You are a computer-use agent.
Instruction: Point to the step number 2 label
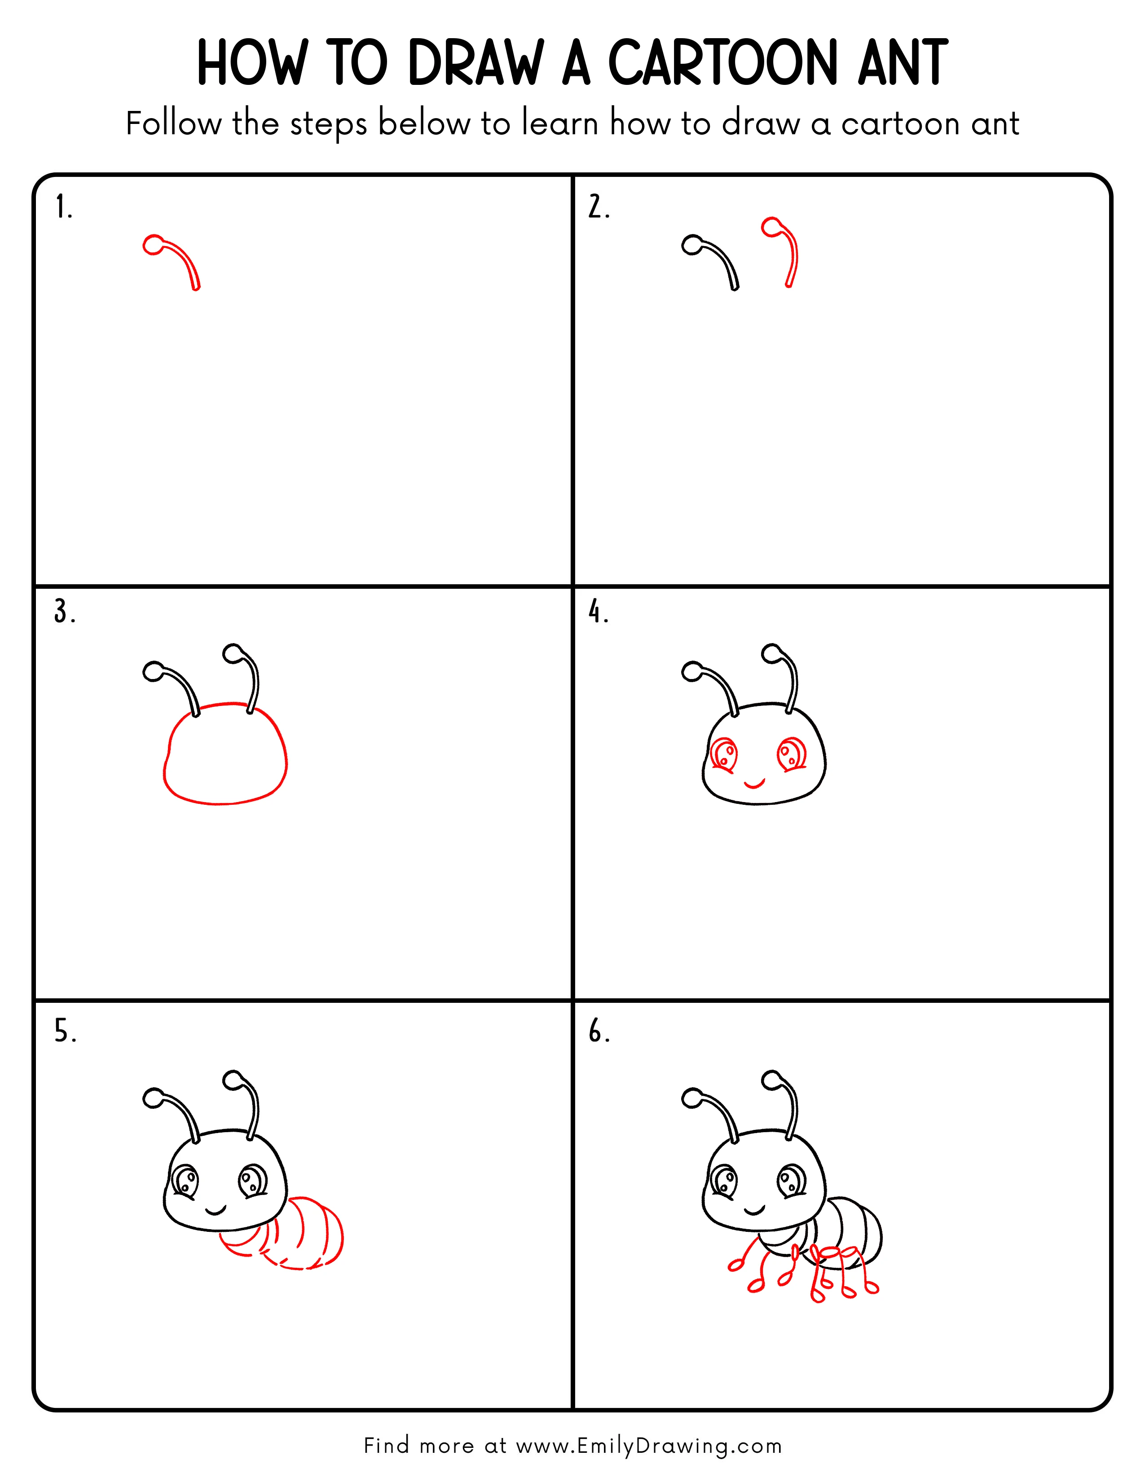coord(598,207)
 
